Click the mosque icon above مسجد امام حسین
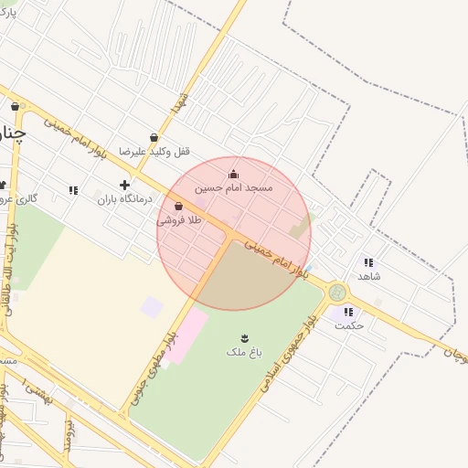(x=233, y=174)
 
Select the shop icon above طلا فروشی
(x=190, y=207)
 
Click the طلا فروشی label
(x=179, y=220)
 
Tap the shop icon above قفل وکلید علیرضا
(x=153, y=137)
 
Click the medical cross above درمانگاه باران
(x=124, y=185)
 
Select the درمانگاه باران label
(x=123, y=198)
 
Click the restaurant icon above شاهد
(x=368, y=261)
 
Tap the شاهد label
(x=369, y=275)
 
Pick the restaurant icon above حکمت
(x=348, y=311)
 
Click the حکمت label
(x=349, y=324)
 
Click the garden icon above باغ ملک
(x=244, y=338)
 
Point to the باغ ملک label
(x=243, y=351)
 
